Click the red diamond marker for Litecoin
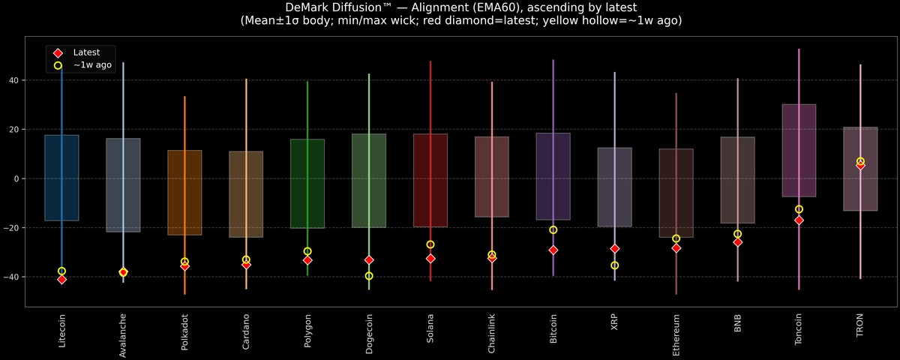click(61, 279)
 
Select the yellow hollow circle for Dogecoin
click(369, 276)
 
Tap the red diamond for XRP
click(615, 248)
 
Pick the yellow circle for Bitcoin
click(553, 230)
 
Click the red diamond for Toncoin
click(799, 220)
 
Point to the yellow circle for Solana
click(430, 244)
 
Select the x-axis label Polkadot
click(184, 335)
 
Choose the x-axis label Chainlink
click(492, 334)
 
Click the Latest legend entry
click(84, 52)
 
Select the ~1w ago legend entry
click(91, 65)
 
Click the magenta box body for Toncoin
click(799, 150)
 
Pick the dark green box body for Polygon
click(307, 184)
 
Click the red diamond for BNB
click(738, 242)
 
